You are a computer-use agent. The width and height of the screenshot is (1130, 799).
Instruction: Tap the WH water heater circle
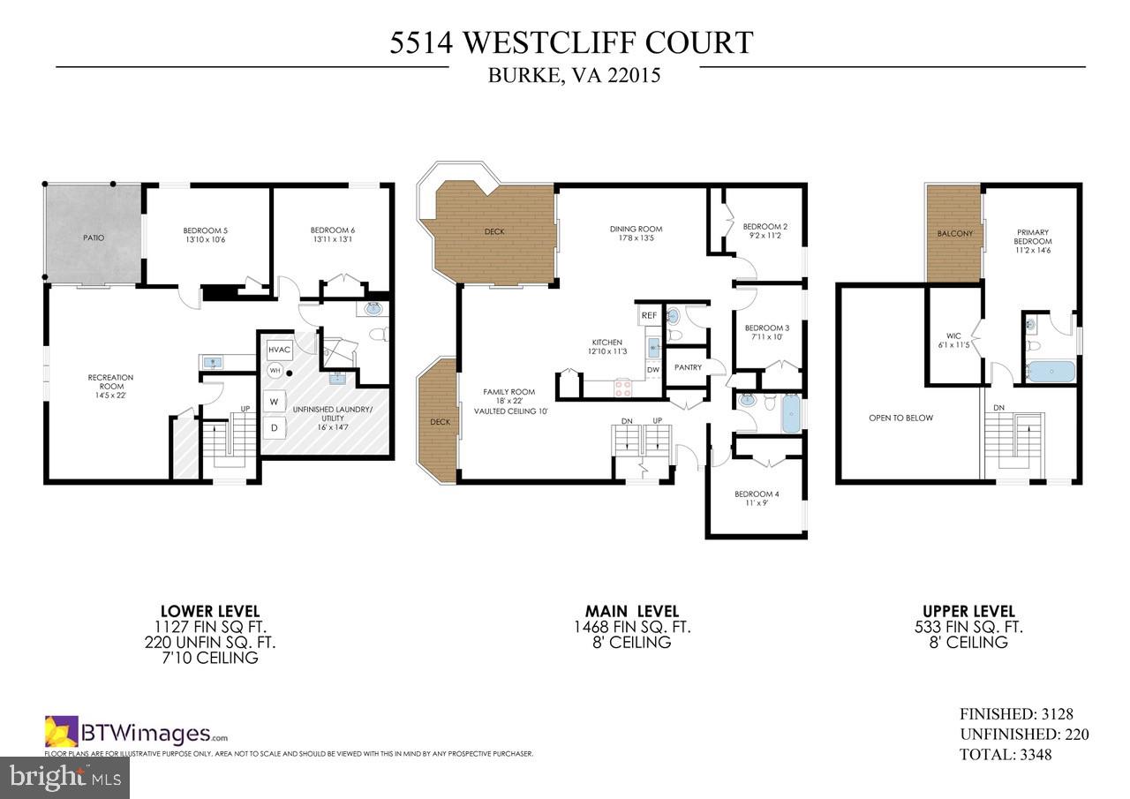[275, 372]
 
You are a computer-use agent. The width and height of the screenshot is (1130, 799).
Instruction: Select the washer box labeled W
[274, 402]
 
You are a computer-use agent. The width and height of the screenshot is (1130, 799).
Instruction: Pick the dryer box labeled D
[274, 427]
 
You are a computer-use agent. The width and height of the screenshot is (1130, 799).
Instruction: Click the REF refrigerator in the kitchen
[649, 315]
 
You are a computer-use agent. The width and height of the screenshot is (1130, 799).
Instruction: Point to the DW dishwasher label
[653, 369]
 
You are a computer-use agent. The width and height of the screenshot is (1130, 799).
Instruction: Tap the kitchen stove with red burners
[622, 385]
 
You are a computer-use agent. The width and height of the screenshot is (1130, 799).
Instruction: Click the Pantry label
[687, 367]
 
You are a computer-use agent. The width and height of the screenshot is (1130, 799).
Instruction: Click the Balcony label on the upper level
[954, 234]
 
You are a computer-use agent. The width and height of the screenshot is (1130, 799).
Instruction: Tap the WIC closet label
[953, 340]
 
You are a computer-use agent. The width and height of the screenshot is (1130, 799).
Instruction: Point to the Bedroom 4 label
[757, 494]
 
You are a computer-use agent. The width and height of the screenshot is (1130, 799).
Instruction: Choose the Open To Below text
[900, 418]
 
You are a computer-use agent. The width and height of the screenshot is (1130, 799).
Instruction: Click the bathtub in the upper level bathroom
[1051, 372]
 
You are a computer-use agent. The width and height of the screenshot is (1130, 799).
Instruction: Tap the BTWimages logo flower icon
[62, 732]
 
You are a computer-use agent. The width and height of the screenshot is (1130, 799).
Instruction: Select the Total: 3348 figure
[1006, 755]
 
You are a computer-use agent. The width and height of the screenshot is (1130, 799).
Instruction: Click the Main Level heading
[631, 611]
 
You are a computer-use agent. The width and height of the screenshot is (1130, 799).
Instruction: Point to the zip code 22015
[632, 76]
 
